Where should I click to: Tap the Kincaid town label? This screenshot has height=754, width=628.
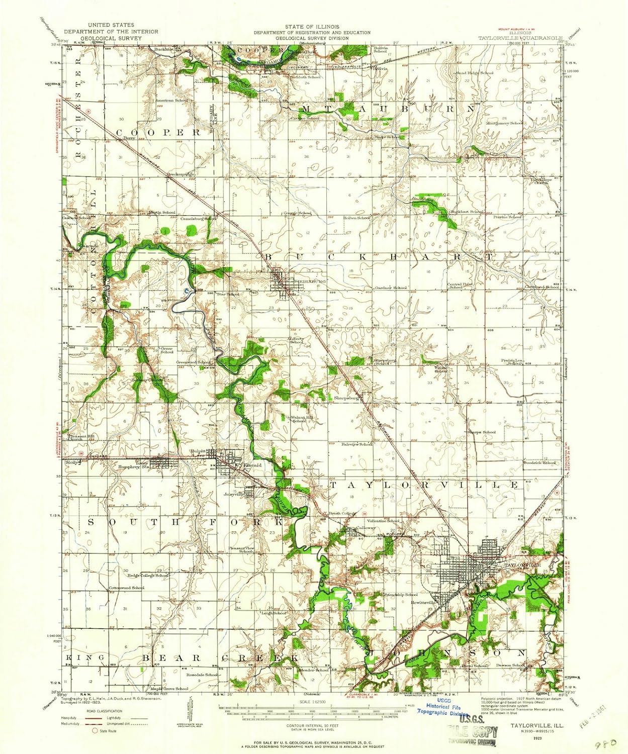coord(253,465)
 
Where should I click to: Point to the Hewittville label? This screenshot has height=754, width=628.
coord(422,602)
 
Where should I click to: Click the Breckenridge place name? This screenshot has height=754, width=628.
coord(180,174)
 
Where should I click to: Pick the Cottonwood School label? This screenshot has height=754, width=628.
coord(126,588)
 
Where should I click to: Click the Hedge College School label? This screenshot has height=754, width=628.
coord(147,576)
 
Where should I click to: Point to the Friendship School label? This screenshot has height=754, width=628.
coord(401,595)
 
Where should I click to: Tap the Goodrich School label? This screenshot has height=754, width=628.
coord(540,462)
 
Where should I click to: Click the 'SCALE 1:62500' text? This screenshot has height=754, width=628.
coord(312,702)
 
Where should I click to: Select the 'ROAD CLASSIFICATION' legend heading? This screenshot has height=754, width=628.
coord(105,711)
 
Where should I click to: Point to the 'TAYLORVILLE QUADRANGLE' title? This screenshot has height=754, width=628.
coord(520,37)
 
